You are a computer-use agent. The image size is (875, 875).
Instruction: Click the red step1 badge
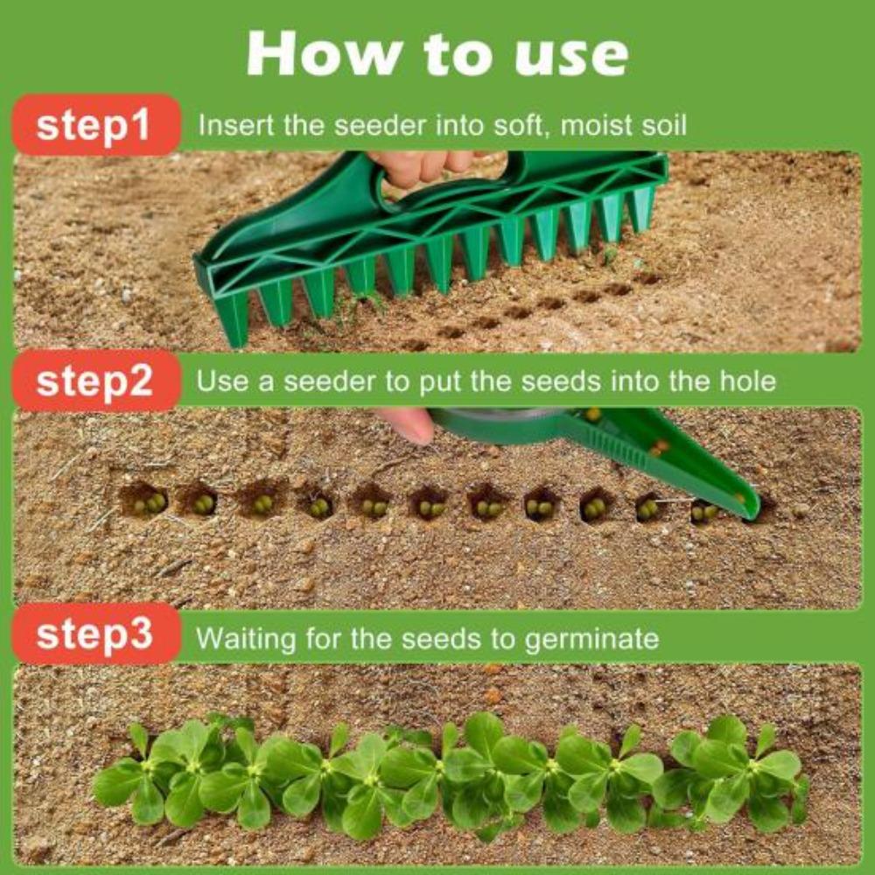(x=94, y=125)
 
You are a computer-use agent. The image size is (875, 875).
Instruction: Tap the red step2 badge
(x=94, y=381)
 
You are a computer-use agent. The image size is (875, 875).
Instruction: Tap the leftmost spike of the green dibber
(x=234, y=324)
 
